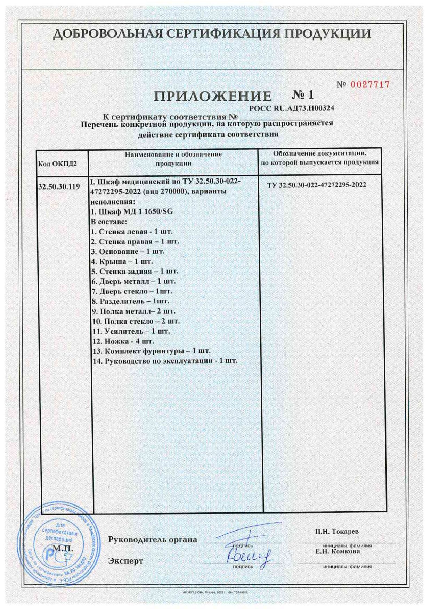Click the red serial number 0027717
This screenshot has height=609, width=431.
[369, 84]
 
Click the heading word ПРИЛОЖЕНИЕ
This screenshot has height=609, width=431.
[213, 96]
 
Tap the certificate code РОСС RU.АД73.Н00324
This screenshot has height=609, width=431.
[292, 108]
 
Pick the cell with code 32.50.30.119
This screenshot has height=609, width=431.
[59, 187]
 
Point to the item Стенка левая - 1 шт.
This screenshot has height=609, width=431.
[131, 231]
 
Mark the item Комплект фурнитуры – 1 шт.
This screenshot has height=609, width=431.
[152, 351]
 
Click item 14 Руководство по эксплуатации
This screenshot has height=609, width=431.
[165, 361]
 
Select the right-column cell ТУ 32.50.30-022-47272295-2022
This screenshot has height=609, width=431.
[317, 185]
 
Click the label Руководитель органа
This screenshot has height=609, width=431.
[153, 540]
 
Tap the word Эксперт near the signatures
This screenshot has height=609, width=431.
[126, 561]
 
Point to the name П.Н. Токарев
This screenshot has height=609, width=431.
[337, 531]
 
